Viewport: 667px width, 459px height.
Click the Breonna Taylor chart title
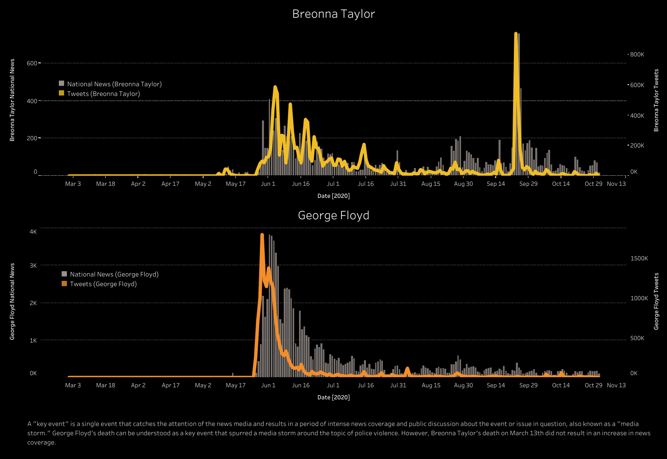point(333,14)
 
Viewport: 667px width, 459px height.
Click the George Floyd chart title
point(333,216)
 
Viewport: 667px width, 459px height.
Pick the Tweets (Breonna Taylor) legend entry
point(103,94)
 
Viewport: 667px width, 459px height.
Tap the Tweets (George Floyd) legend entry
point(103,284)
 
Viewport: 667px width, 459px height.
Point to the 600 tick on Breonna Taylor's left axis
point(32,63)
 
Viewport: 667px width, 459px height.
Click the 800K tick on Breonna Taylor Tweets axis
point(637,54)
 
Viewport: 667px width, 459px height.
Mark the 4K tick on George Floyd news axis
point(33,232)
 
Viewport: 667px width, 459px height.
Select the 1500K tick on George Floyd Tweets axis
point(639,258)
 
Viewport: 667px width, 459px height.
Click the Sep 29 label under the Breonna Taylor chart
point(528,184)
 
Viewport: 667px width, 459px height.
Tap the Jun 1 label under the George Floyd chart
point(268,385)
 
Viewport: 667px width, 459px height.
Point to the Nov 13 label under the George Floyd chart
point(616,385)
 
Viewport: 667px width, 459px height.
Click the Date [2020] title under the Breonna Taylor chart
point(333,196)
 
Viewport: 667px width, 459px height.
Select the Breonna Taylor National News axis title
point(12,100)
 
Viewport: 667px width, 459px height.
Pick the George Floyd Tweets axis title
point(656,301)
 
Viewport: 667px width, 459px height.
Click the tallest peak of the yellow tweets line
point(516,34)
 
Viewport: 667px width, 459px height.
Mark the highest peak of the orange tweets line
point(262,235)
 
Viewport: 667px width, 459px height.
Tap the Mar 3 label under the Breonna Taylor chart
point(73,184)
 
